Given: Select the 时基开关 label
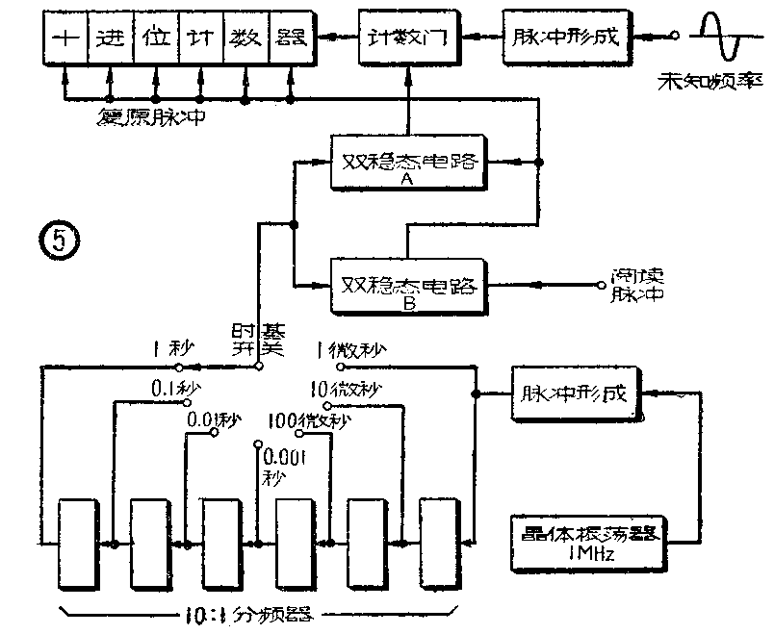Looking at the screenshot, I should coord(255,340).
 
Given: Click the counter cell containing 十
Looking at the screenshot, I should coord(65,38).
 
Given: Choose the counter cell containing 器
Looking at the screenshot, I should coord(289,38).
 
